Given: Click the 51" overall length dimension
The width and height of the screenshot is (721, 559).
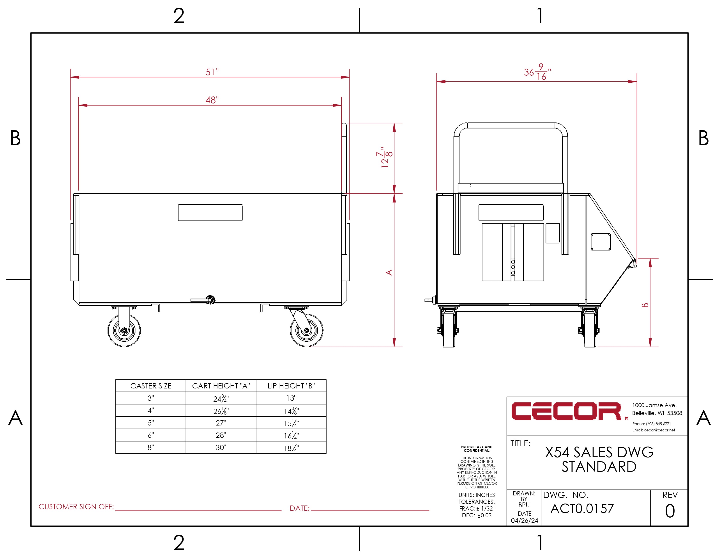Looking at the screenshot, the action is coord(212,72).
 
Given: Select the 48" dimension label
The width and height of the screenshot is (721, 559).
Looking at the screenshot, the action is coord(212,100).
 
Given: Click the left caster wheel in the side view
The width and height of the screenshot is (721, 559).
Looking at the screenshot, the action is coord(124,330).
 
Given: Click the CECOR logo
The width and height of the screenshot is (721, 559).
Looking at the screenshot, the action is coord(567,411).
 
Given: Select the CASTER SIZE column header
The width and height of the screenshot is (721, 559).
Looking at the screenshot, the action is coord(151,386).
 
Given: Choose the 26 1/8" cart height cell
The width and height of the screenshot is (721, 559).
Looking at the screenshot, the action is coord(221,411).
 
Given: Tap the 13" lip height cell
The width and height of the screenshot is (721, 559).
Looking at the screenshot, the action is coord(291,398).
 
